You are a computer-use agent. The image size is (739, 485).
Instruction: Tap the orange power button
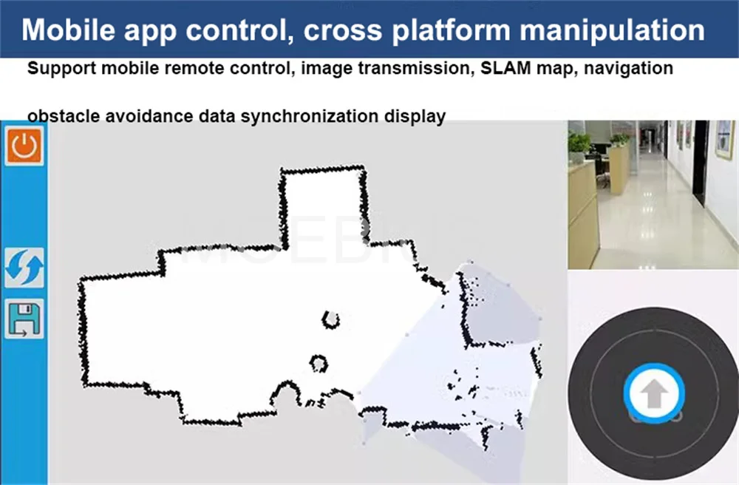(24, 146)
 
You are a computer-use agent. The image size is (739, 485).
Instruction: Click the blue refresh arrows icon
(24, 267)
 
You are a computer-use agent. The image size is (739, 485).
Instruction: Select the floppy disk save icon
(24, 319)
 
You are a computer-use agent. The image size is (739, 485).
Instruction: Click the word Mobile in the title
(68, 30)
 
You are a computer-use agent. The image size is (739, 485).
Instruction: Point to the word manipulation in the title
(612, 30)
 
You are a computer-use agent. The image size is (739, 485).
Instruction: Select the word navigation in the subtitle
(628, 69)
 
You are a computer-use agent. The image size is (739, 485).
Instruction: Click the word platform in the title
(451, 31)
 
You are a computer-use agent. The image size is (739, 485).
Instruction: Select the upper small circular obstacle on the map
(331, 319)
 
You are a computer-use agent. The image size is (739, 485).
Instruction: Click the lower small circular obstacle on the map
(319, 364)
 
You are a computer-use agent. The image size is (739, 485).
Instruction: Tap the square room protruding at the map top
(324, 205)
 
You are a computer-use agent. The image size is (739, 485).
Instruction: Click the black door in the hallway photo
(701, 163)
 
